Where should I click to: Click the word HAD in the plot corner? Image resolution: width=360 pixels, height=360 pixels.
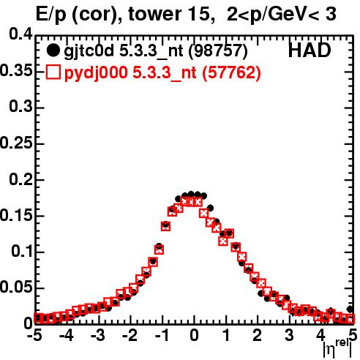tap(310, 50)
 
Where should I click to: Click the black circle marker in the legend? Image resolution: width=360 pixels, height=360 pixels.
tap(53, 50)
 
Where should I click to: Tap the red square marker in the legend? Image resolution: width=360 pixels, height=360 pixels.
tap(53, 72)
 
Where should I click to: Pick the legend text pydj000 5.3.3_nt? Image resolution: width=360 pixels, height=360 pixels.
tap(130, 73)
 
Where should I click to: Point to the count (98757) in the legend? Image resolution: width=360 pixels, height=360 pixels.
tap(218, 51)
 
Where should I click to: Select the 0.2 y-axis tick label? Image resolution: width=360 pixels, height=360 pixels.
tap(20, 179)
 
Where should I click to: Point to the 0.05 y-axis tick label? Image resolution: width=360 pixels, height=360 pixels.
tap(16, 288)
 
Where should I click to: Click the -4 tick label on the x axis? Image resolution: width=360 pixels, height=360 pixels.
tap(67, 335)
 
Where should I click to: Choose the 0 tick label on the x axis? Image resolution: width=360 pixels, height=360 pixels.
tap(194, 335)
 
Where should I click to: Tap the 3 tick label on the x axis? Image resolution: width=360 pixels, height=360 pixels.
tap(289, 335)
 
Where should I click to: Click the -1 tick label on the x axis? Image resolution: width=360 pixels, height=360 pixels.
tap(162, 335)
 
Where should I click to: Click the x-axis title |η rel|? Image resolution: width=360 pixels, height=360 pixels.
tap(337, 349)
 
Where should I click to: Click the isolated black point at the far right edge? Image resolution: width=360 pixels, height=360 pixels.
tap(350, 310)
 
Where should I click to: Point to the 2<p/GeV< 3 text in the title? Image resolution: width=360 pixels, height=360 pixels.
tap(282, 15)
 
